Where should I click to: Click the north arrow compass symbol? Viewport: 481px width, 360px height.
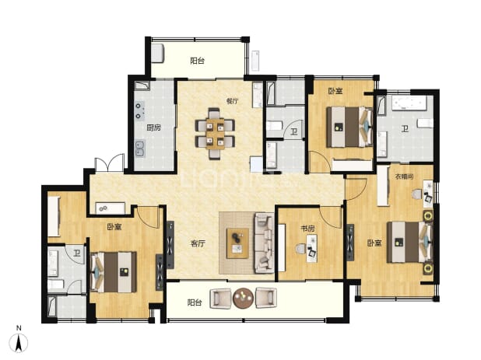19,343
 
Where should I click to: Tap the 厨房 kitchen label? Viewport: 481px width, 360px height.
153,128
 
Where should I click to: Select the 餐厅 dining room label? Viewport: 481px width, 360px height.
232,101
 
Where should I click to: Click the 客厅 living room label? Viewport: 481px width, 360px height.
198,243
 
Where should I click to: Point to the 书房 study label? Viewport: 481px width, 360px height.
307,229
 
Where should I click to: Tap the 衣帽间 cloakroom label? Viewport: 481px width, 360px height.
404,177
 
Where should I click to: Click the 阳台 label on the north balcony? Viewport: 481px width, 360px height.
197,61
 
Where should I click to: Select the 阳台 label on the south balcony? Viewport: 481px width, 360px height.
195,302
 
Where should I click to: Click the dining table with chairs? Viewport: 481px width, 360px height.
215,134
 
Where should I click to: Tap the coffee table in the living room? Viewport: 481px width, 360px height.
237,243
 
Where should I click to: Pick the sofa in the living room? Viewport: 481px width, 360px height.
264,243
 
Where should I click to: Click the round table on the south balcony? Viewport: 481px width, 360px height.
244,298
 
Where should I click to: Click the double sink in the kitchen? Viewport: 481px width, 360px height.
140,149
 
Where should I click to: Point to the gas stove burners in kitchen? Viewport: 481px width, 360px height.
139,110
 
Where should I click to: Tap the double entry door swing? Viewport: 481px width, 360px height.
110,163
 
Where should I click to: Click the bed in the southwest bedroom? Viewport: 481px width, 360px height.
114,272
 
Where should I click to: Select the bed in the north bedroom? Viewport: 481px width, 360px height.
349,127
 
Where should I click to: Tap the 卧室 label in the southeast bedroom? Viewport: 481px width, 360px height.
374,243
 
